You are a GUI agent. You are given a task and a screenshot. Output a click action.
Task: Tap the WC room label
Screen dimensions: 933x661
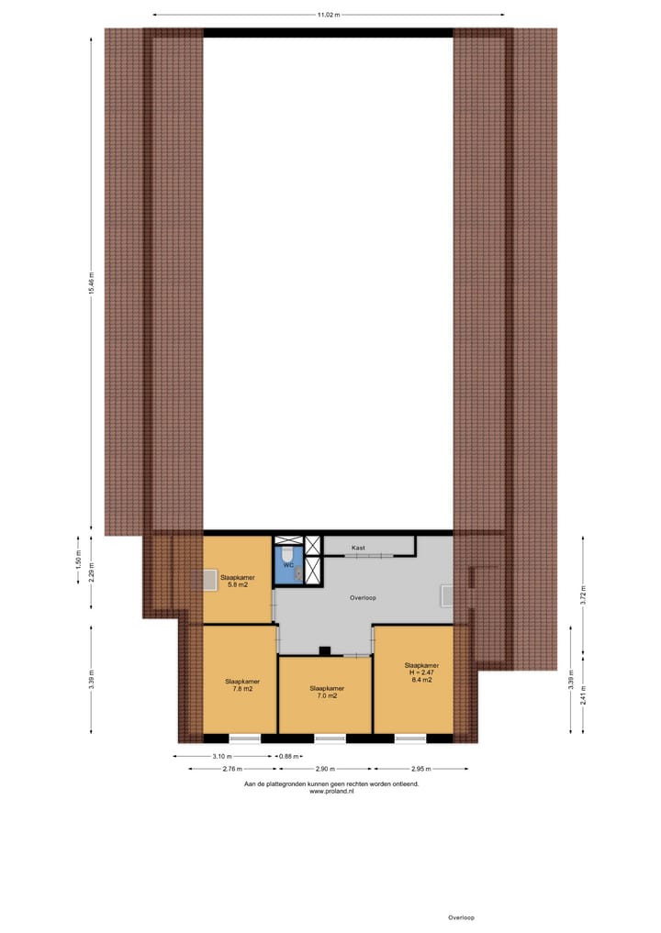288,565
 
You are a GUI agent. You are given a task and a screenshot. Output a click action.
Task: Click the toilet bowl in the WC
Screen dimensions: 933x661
287,554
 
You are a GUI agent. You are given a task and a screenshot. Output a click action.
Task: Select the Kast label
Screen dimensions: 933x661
358,548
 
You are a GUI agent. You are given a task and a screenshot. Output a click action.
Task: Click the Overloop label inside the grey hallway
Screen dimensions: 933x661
364,597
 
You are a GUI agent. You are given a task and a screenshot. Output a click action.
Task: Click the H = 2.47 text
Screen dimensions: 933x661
421,672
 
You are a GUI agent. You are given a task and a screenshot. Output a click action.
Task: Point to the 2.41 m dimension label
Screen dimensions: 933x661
583,700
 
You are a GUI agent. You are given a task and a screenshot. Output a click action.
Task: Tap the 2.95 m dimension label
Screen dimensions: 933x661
421,769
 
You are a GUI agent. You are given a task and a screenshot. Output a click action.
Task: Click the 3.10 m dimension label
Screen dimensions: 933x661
220,757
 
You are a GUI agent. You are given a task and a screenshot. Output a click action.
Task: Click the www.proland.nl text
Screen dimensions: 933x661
331,791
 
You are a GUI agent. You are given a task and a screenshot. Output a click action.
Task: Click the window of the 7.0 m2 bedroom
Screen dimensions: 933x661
329,739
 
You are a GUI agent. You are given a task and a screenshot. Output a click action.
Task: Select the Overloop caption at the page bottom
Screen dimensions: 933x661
461,917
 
